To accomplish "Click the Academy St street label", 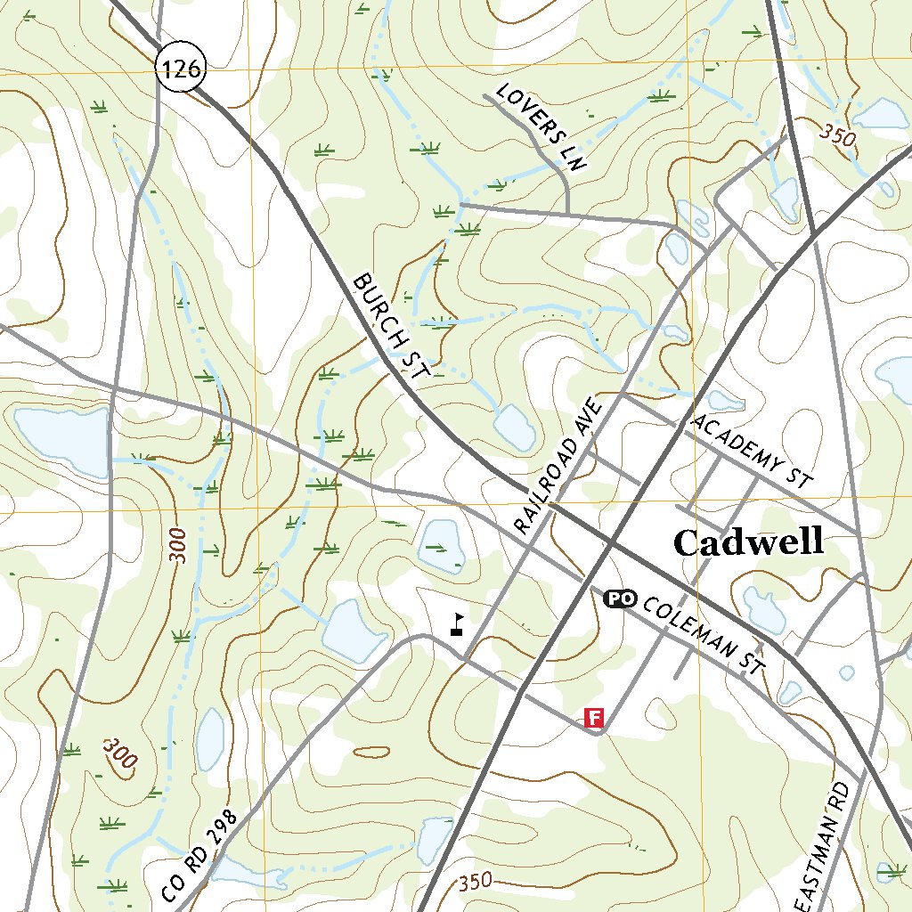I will click(753, 450).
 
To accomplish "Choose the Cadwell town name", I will click(748, 541).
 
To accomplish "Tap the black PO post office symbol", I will click(619, 598).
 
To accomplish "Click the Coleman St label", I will click(704, 633).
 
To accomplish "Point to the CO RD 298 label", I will click(201, 855).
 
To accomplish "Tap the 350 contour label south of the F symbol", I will click(476, 883).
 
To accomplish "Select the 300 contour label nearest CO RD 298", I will click(120, 753).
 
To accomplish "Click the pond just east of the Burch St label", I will click(515, 426).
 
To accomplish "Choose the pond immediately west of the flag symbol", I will click(354, 631).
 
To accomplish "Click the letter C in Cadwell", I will click(688, 542).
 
